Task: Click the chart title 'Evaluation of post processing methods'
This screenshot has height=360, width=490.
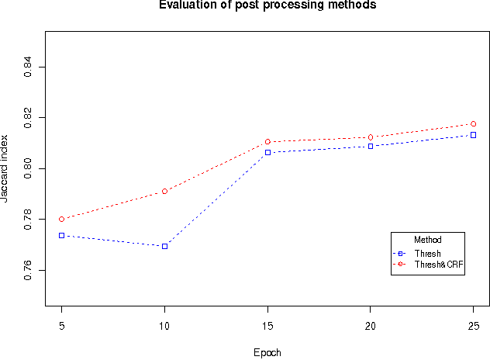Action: click(x=267, y=5)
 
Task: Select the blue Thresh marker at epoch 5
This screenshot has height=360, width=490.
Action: click(x=62, y=235)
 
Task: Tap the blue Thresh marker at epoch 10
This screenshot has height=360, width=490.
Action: click(x=164, y=246)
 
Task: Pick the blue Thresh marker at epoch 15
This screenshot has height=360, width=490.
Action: click(x=267, y=152)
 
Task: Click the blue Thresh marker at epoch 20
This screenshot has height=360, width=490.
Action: click(x=371, y=146)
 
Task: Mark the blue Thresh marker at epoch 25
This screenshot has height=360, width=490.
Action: click(x=473, y=135)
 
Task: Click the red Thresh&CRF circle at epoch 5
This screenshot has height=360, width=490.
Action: click(x=62, y=219)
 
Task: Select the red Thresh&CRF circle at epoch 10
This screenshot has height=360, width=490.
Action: click(x=164, y=191)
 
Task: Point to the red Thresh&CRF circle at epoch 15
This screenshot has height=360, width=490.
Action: click(x=267, y=142)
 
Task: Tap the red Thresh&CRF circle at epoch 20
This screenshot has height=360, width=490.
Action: click(x=371, y=137)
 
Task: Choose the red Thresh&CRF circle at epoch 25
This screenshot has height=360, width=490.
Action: click(x=473, y=124)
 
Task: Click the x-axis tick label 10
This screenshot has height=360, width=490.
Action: click(x=164, y=324)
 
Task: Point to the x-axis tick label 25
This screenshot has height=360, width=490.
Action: click(x=473, y=324)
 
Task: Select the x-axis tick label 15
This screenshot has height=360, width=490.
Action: click(x=267, y=324)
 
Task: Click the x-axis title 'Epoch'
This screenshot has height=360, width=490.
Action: click(x=267, y=352)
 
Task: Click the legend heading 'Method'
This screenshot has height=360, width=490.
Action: click(x=428, y=239)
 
